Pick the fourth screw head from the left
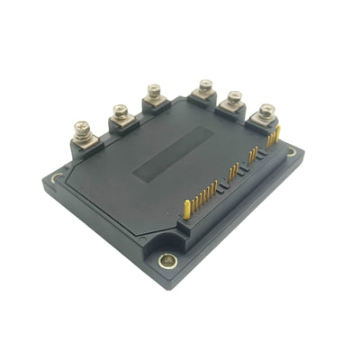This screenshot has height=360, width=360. click(206, 85)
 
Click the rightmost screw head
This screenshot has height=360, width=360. click(266, 111)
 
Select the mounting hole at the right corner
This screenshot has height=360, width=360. click(292, 153)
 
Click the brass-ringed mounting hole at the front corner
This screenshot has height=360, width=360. click(166, 261)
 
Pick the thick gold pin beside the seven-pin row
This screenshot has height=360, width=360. click(186, 209)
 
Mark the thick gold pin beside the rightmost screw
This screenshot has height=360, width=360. click(278, 135)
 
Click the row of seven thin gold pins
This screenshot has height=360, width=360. click(203, 193)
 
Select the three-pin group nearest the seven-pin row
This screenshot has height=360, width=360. click(233, 171)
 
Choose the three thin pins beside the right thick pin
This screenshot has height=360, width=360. click(268, 142)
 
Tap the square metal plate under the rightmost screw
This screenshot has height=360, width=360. click(267, 121)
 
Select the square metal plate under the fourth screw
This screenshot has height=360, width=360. click(206, 96)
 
